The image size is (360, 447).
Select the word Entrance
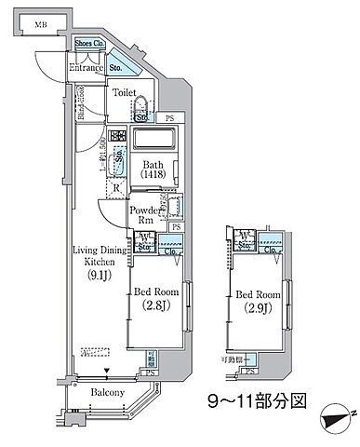(x=86, y=67)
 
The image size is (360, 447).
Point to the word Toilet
(x=124, y=92)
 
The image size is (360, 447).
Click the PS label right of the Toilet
(x=169, y=118)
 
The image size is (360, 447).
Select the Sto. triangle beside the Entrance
(x=118, y=66)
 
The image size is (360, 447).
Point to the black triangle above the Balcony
(x=108, y=372)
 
